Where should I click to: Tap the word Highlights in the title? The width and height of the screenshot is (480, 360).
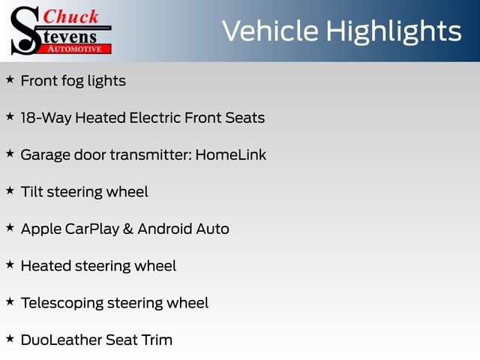tap(389, 31)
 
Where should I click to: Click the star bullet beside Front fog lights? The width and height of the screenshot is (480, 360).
tap(10, 79)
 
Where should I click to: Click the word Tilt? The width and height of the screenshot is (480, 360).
tap(31, 191)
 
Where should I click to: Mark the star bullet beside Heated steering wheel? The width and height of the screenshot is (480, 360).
tap(10, 264)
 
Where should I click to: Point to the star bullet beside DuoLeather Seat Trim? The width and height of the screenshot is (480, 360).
tap(10, 338)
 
